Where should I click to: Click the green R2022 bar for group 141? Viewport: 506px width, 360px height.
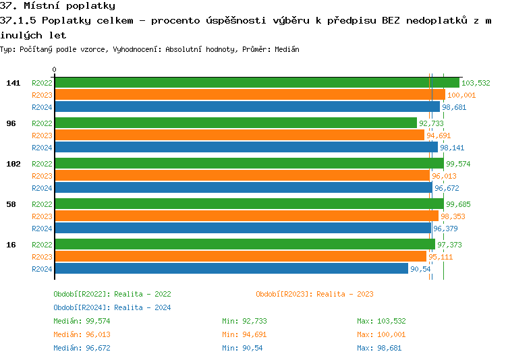256,83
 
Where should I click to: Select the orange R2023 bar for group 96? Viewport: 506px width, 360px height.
239,136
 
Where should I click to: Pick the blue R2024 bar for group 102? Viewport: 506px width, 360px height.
243,188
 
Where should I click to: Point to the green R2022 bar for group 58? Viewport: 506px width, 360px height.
249,204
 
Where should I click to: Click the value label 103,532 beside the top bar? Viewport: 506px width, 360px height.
476,83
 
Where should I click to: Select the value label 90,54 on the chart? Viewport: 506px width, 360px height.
420,269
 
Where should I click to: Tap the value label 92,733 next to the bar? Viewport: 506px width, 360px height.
431,123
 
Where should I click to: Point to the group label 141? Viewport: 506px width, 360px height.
13,83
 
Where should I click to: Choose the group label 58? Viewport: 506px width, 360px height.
11,204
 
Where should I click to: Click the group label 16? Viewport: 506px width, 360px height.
11,245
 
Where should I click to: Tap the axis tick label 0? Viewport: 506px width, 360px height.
55,69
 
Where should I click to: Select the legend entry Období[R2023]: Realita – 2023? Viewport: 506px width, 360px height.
314,294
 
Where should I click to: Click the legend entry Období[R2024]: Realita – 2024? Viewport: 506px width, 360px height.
112,307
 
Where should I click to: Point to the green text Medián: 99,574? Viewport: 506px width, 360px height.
82,321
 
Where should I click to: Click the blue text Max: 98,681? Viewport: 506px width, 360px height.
382,348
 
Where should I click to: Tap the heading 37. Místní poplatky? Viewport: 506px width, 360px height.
57,6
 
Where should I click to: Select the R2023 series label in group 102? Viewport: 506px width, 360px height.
42,176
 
